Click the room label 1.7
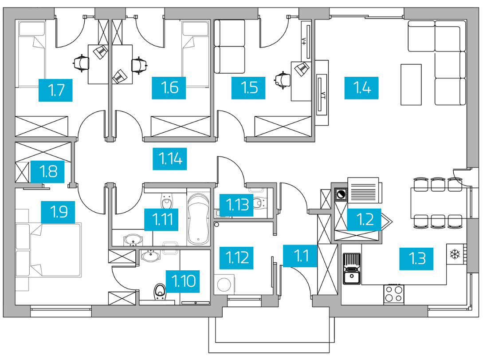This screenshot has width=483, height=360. [x=55, y=90]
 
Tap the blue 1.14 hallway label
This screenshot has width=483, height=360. [x=170, y=159]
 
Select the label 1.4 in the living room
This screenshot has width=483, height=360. [x=361, y=88]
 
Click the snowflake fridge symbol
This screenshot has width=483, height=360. [x=455, y=254]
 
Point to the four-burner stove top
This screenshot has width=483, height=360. [x=394, y=294]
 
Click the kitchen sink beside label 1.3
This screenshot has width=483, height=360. [x=352, y=269]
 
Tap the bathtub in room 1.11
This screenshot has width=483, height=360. [x=198, y=218]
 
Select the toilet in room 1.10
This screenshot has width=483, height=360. [x=160, y=292]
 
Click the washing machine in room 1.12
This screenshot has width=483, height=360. [x=224, y=285]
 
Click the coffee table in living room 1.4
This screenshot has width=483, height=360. [x=411, y=84]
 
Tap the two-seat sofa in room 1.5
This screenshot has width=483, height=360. [x=229, y=47]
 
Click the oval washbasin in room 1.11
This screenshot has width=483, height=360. [x=133, y=240]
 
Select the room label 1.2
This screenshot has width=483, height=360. [x=365, y=219]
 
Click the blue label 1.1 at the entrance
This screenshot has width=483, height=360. [x=300, y=256]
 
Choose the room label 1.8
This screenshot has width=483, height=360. [x=47, y=172]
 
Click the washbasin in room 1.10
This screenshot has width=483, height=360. [x=151, y=256]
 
